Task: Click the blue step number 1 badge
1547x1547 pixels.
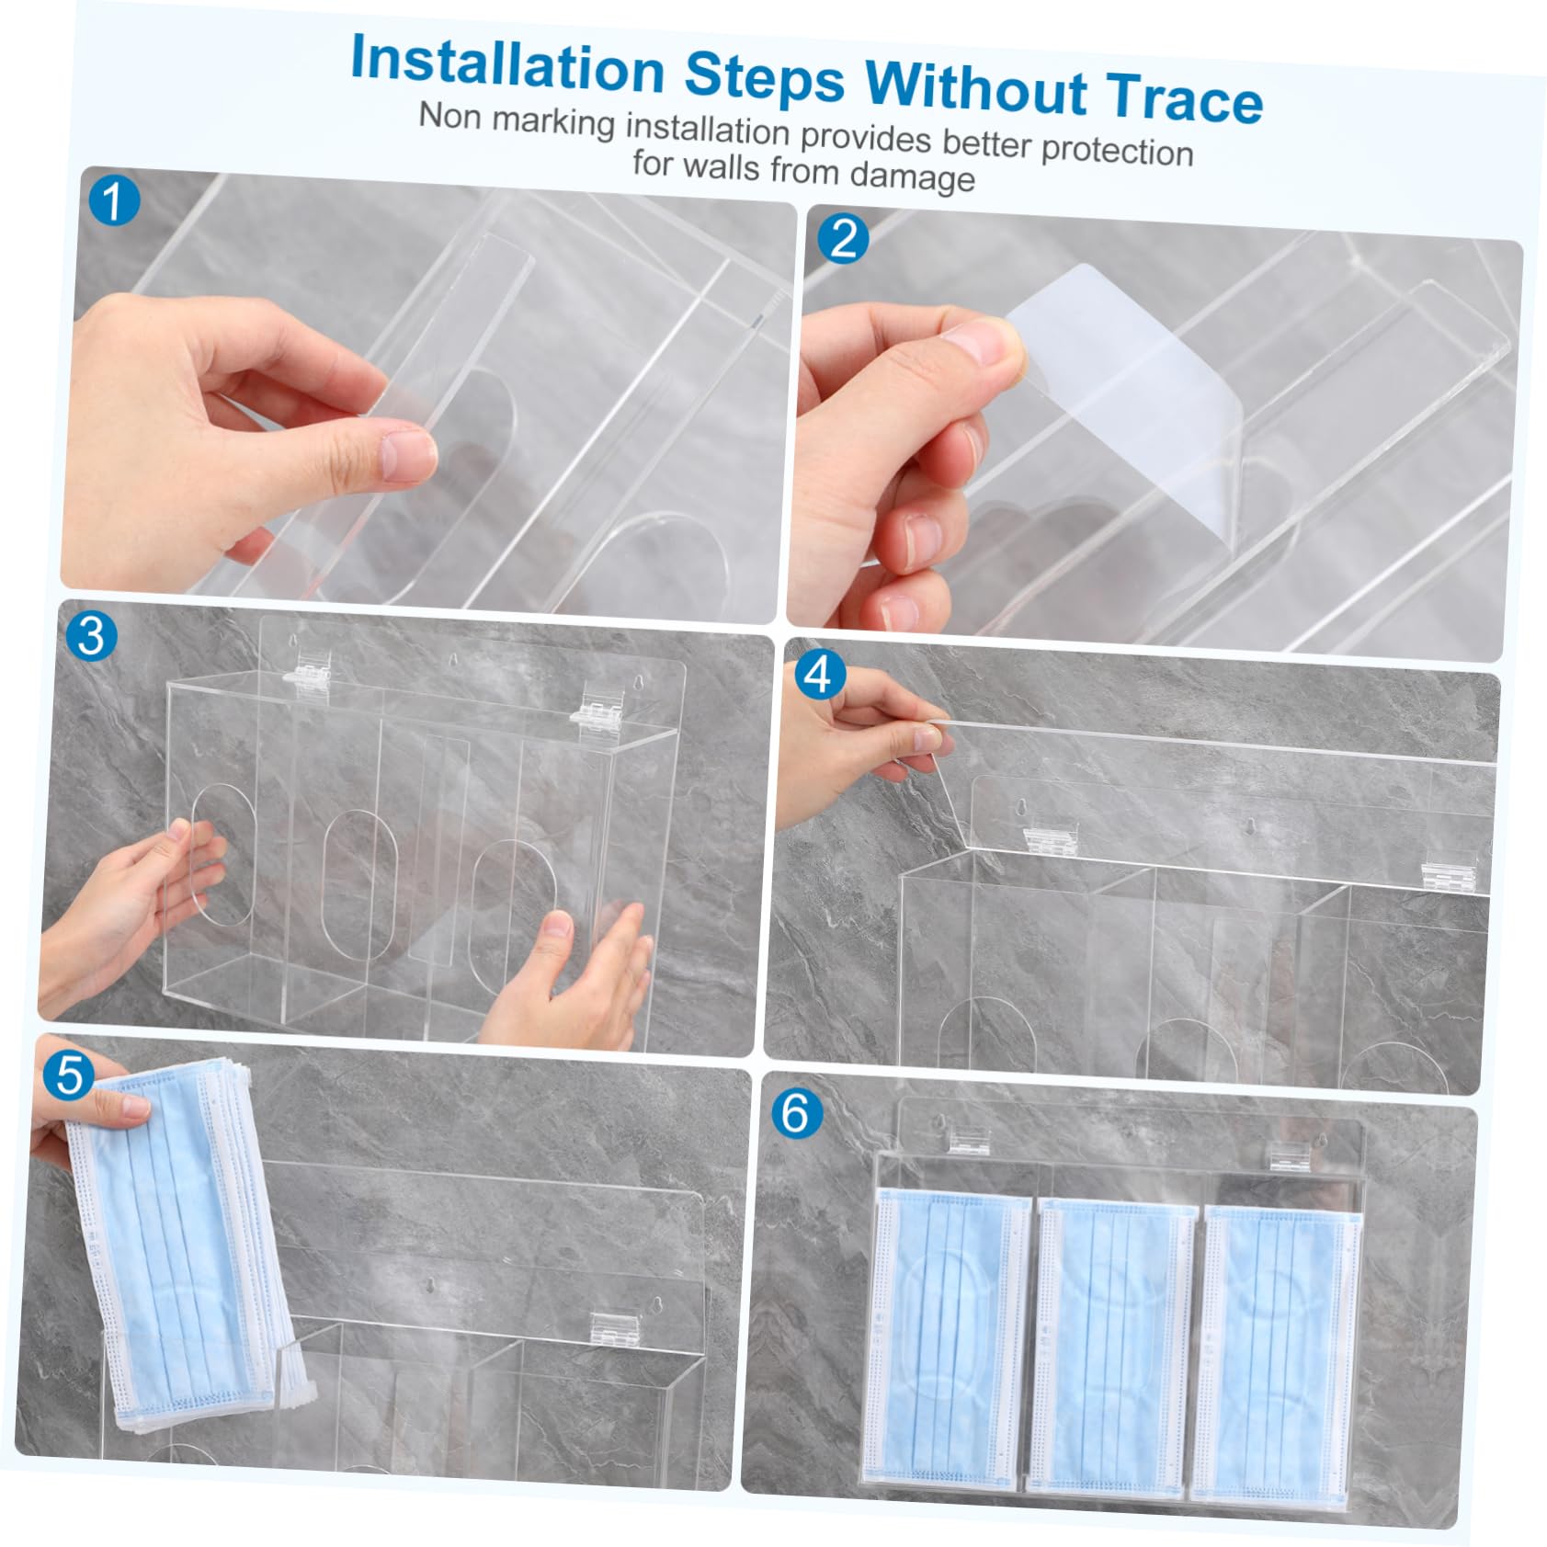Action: pos(114,202)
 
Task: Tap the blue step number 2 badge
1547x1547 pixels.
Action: pos(844,239)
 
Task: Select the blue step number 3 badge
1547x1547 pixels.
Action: pos(92,636)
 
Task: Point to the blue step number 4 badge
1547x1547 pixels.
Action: pos(818,676)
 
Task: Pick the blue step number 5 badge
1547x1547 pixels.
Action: pos(69,1075)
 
